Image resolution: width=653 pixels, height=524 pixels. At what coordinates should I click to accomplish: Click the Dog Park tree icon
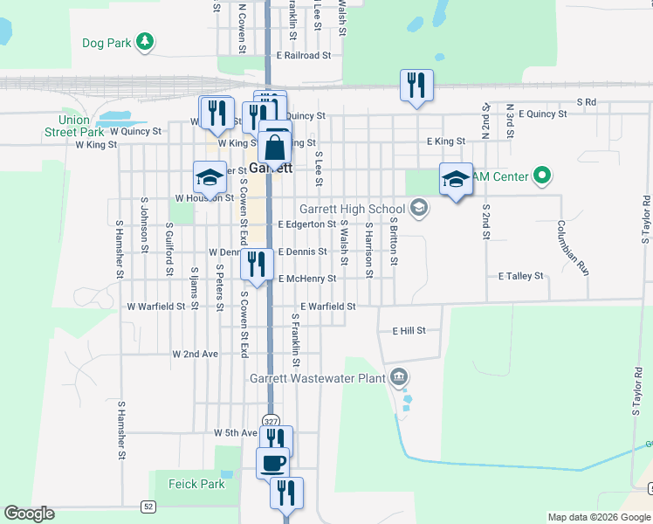[x=146, y=41]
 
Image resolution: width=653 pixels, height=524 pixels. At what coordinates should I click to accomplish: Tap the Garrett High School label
[x=351, y=209]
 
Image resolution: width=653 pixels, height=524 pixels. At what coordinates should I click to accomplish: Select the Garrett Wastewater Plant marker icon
[x=399, y=376]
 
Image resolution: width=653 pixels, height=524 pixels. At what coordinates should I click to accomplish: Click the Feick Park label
[x=189, y=484]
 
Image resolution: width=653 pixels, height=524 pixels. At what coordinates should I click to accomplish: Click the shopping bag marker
[x=274, y=148]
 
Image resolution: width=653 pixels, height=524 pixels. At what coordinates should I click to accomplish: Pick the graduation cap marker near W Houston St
[x=210, y=177]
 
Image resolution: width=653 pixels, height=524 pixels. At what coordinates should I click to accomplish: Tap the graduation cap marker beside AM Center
[x=455, y=179]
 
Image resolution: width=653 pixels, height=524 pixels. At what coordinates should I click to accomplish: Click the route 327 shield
[x=272, y=420]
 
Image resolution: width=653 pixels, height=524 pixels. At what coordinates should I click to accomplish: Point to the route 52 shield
[x=148, y=505]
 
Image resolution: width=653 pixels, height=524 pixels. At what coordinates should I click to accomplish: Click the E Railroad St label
[x=303, y=54]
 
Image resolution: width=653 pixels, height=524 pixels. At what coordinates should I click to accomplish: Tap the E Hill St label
[x=409, y=331]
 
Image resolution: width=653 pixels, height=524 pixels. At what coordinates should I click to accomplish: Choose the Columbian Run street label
[x=573, y=248]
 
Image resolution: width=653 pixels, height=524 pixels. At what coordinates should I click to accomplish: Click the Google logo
[x=29, y=514]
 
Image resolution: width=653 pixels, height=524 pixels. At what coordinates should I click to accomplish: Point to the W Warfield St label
[x=156, y=307]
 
